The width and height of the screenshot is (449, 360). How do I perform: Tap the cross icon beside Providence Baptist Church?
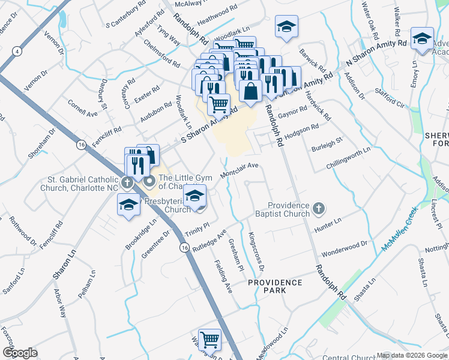click(x=319, y=209)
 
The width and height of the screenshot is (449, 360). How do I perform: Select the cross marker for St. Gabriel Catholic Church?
click(x=127, y=182)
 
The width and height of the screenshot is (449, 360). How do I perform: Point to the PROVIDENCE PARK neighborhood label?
click(x=276, y=286)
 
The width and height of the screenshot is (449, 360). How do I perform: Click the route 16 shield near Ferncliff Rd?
click(x=81, y=145)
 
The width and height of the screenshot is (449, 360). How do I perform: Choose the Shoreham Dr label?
click(x=42, y=143)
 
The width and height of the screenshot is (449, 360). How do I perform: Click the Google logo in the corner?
click(x=20, y=353)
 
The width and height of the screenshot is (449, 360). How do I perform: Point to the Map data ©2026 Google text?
click(x=412, y=355)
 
